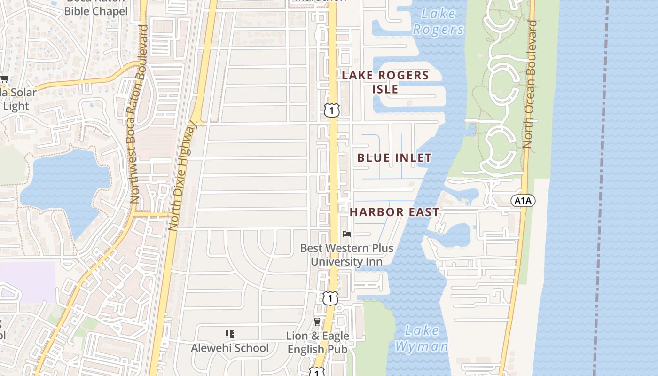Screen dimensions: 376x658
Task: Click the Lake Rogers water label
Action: click(438, 22)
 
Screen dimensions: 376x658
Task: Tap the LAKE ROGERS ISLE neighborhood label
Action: click(385, 82)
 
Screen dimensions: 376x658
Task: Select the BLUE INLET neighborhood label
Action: click(394, 158)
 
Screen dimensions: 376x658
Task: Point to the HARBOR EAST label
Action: click(394, 212)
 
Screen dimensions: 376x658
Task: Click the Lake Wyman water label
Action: click(421, 338)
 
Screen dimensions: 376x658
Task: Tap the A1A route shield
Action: click(523, 201)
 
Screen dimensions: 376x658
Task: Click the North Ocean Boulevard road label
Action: click(530, 85)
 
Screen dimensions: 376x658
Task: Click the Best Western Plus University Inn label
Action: click(347, 255)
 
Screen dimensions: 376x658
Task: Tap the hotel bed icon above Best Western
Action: click(347, 234)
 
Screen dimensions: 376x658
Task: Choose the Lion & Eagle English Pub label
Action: click(318, 343)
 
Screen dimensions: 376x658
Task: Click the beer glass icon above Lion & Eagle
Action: click(317, 322)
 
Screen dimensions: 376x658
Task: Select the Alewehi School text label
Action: click(230, 348)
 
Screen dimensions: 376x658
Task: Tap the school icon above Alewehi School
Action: click(230, 334)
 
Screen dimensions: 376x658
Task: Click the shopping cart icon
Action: click(4, 78)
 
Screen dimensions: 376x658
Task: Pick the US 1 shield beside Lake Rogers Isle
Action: click(331, 110)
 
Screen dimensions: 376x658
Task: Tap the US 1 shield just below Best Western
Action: click(330, 298)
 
